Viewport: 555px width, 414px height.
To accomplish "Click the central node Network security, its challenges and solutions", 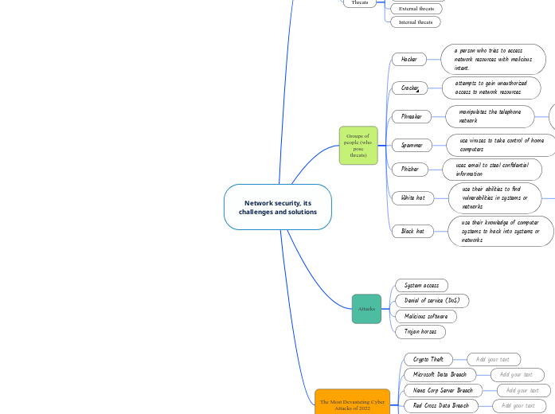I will tap(277, 207).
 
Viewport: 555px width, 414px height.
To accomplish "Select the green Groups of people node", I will tap(358, 145).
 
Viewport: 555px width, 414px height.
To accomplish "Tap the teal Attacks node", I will tap(366, 308).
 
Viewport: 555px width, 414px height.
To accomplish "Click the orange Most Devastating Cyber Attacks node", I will tap(352, 404).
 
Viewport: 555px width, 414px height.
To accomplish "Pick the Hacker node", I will tap(409, 59).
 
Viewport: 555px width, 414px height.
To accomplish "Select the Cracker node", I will tap(410, 88).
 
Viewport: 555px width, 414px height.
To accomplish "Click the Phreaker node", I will tap(411, 116).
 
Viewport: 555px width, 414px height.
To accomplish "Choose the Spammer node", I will tap(412, 145).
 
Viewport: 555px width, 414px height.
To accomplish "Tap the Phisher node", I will tap(410, 169).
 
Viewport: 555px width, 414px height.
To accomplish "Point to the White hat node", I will tap(412, 197).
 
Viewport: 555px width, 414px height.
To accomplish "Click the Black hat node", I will tap(412, 231).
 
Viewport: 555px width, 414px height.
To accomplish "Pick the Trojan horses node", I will tap(420, 331).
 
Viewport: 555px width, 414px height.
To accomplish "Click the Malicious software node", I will tap(426, 316).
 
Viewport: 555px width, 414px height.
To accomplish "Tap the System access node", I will tap(421, 285).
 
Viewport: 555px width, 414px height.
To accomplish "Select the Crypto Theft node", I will tap(428, 360).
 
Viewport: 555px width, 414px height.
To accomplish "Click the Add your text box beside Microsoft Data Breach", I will tap(517, 374).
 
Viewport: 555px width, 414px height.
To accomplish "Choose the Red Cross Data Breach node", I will tap(441, 406).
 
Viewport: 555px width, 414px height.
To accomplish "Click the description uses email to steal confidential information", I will tap(491, 169).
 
